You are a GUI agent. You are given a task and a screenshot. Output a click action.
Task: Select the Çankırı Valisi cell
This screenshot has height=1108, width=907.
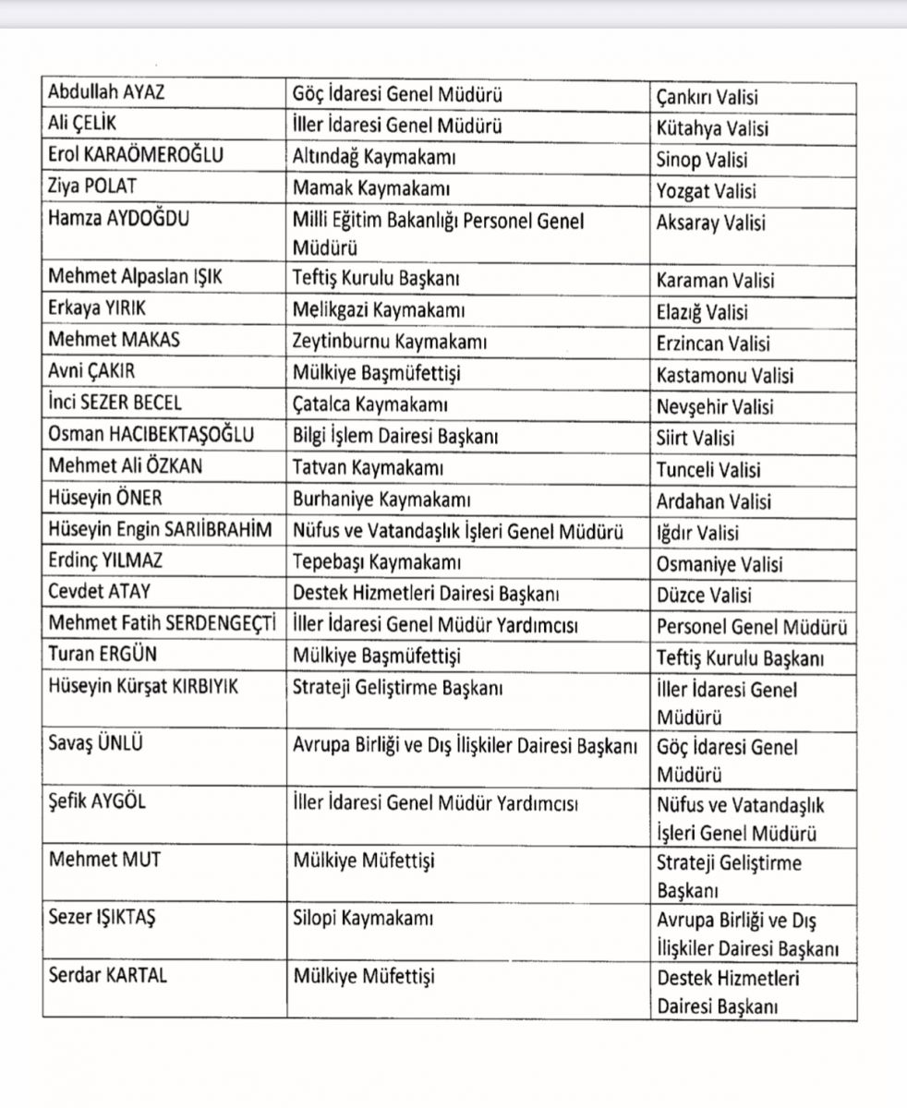pos(707,97)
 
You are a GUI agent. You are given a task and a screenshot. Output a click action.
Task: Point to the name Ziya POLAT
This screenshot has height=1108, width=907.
pos(92,187)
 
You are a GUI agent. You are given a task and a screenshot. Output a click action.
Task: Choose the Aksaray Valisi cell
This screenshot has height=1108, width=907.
pos(710,223)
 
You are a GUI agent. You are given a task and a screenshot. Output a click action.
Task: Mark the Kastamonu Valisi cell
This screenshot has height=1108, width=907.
pos(724,376)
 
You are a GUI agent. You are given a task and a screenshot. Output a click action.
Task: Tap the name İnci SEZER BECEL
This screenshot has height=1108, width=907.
pos(115,403)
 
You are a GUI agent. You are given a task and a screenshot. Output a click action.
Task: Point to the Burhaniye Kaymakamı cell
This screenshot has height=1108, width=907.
pos(382,500)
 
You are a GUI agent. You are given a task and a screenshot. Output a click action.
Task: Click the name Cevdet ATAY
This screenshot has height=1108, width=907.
pos(99,593)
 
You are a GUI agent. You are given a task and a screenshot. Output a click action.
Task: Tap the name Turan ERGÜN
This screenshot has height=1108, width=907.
pos(102,655)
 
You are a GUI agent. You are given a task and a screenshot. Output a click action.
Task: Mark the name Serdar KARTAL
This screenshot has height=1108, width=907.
pos(108,976)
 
